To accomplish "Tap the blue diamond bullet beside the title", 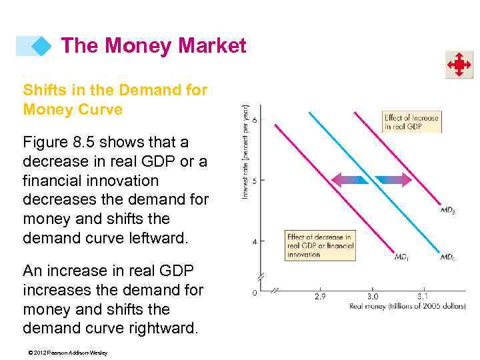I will click(41, 46).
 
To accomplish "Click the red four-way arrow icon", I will click(459, 65).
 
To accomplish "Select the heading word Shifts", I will click(43, 89).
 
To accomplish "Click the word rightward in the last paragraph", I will click(159, 329).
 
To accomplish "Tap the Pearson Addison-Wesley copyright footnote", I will click(65, 353).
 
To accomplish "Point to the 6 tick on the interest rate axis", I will click(254, 120).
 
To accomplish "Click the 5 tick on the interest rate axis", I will click(254, 181).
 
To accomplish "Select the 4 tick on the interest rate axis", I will click(254, 241).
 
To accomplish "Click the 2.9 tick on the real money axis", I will click(319, 296).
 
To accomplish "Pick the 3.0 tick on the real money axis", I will click(372, 296).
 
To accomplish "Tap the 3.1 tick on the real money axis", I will click(423, 296).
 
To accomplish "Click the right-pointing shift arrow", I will click(393, 179).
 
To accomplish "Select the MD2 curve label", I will click(448, 210).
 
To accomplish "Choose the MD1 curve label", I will click(402, 256).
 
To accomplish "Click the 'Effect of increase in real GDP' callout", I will click(411, 122).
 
